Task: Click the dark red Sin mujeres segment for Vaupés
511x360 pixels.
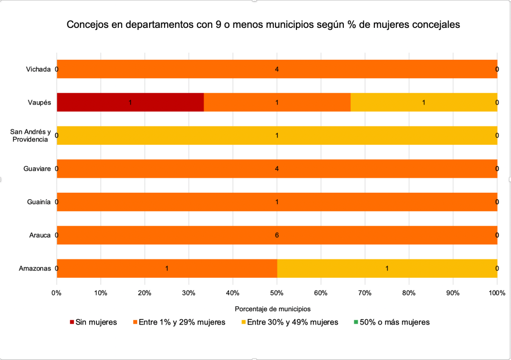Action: coord(130,103)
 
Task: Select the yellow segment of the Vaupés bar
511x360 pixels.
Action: coord(424,103)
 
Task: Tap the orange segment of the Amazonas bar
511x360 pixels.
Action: coord(167,268)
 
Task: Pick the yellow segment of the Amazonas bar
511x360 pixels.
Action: coord(387,268)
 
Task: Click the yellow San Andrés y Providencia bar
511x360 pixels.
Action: coord(277,135)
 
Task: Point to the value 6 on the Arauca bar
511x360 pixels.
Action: coord(277,235)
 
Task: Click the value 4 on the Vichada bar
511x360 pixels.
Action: coord(277,69)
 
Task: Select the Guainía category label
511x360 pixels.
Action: coord(39,202)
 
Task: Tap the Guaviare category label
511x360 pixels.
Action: coord(37,169)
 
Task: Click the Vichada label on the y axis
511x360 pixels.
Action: coord(38,69)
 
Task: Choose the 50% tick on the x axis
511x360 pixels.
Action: coord(277,293)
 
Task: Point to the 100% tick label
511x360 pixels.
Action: coord(497,293)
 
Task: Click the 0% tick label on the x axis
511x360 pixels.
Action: coord(57,293)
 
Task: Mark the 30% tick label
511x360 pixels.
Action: coord(189,293)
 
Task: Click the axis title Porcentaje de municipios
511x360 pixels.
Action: coord(276,309)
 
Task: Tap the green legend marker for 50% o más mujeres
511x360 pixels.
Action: coord(356,322)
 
